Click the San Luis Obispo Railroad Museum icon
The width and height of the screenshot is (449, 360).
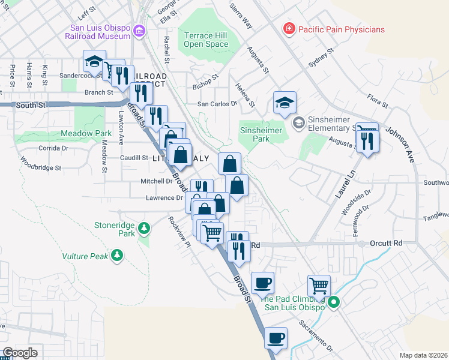pos(139,30)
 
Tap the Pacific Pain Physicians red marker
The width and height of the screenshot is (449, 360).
pos(289,29)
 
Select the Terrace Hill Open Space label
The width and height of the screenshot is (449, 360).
pos(206,40)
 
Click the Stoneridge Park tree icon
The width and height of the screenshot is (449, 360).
pos(143,228)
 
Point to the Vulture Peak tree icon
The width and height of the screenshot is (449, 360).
pos(118,256)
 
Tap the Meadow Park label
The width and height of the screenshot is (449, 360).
pos(86,133)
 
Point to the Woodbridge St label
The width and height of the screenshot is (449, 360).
pos(41,164)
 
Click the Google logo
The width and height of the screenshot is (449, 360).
pos(20,353)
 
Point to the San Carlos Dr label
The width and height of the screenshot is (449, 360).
pos(218,104)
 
